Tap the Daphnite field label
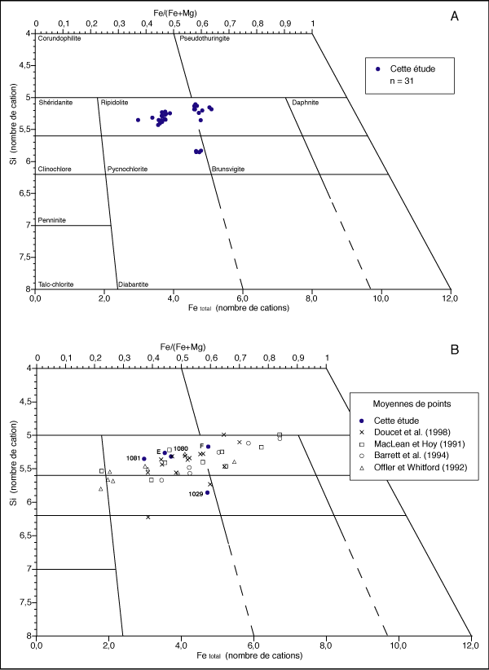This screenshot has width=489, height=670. click(305, 103)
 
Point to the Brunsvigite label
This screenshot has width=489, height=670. click(228, 169)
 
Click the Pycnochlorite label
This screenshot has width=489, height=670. click(126, 169)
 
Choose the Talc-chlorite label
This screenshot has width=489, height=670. click(56, 284)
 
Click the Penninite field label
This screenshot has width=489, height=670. click(52, 220)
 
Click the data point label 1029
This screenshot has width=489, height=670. click(196, 494)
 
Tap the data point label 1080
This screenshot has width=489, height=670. click(181, 448)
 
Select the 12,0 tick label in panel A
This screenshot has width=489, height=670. click(450, 299)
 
